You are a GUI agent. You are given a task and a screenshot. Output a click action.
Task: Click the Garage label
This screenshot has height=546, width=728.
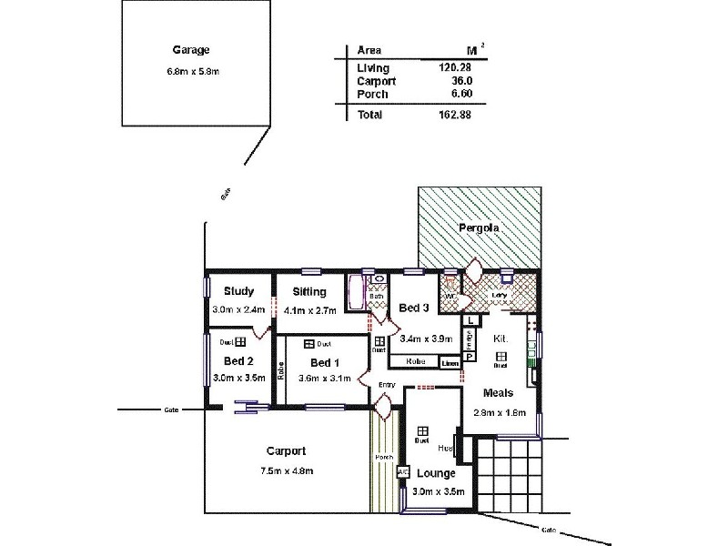[191, 51]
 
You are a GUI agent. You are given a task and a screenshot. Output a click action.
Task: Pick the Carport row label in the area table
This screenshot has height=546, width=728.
[377, 81]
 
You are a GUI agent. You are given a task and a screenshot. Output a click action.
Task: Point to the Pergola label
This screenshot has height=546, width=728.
[478, 228]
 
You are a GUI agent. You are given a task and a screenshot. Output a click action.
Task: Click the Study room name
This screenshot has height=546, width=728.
[238, 291]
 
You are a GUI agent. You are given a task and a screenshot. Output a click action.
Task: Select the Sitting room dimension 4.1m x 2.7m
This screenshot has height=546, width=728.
[310, 310]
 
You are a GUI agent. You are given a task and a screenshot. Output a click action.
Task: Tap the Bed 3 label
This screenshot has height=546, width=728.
[414, 308]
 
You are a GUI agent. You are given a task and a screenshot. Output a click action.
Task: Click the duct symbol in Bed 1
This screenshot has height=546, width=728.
[309, 344]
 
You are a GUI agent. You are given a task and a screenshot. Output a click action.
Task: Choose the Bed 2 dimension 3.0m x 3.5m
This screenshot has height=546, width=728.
[238, 377]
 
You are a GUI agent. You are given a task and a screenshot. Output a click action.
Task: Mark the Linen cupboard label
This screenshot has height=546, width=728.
[450, 363]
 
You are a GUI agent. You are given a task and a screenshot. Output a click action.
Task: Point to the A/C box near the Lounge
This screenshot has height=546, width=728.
[402, 472]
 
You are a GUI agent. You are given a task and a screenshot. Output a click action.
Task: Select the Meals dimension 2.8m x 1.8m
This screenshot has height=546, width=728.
[500, 411]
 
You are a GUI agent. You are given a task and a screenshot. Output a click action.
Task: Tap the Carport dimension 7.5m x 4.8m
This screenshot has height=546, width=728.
[286, 470]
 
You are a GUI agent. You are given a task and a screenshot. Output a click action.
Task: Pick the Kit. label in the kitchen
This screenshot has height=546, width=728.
[500, 338]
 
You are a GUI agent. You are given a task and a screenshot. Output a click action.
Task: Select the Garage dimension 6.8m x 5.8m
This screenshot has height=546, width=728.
[190, 71]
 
